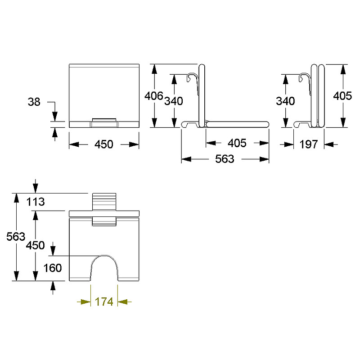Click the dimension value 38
coord(34,102)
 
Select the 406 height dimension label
coord(153,96)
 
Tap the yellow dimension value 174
coord(104,301)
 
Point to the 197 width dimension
coord(309,144)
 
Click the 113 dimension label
coord(36,202)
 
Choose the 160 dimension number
coord(53,268)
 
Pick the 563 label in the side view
coord(225,159)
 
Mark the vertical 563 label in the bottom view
coord(16,237)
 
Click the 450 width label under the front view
coord(104,144)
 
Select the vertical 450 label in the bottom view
coord(35,245)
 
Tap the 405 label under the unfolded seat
coord(237,143)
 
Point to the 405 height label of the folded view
coord(342,96)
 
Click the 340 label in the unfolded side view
coord(174,101)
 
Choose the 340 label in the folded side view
coord(285,101)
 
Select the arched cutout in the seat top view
coord(104,255)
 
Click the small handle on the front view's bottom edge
coord(104,123)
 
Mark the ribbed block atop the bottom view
coord(104,202)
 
